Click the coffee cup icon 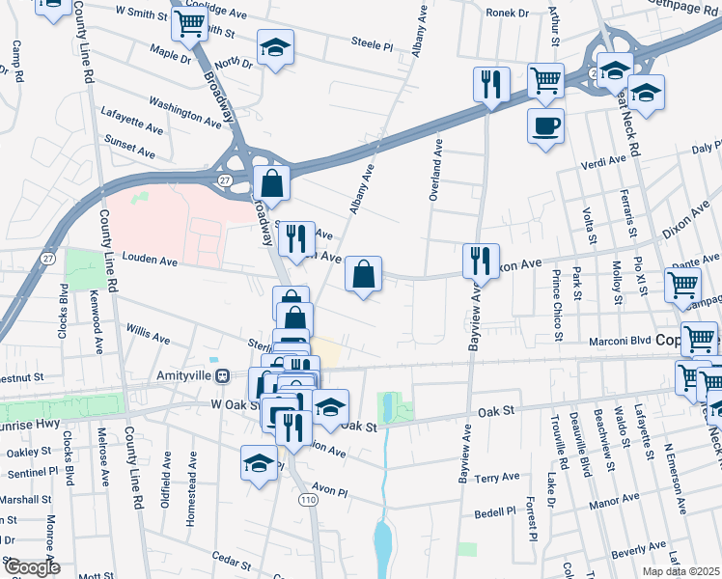point(546,126)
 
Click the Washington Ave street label point(185,111)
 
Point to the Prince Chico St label point(557,307)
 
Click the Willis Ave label point(148,334)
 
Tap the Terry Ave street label point(498,478)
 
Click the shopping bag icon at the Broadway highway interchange point(273,182)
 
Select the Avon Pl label point(328,490)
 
